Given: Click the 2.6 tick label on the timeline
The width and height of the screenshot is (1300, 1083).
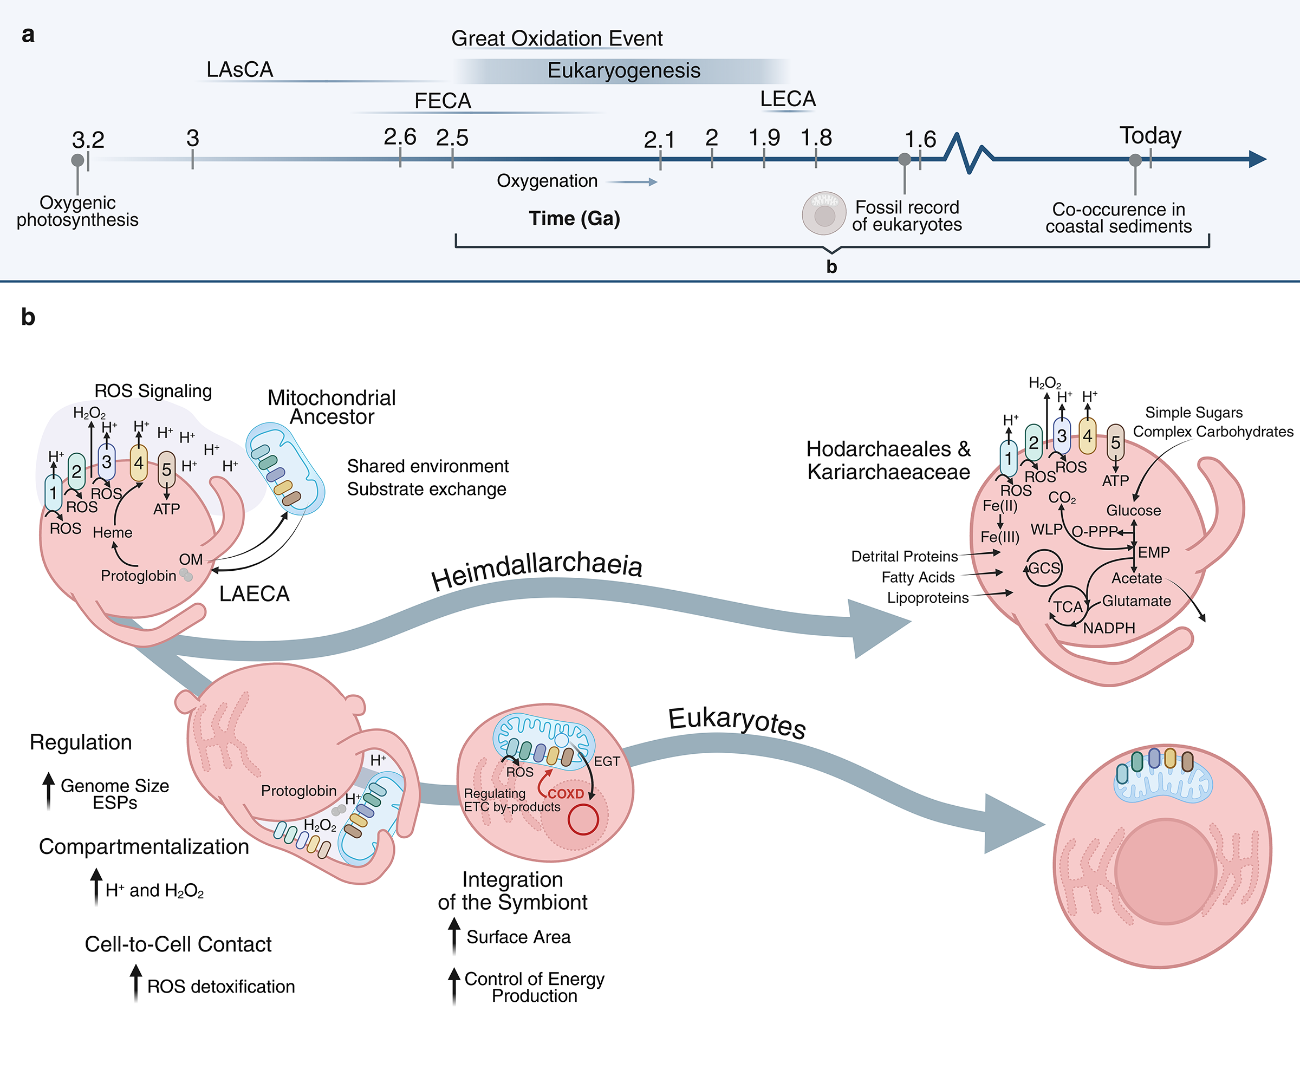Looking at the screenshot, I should click(400, 137).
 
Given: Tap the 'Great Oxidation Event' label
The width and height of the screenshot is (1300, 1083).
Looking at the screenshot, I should click(556, 38).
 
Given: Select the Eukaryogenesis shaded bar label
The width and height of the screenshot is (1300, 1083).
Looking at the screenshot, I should click(623, 70).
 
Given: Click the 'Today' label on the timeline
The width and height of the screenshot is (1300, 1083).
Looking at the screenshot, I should click(1150, 135).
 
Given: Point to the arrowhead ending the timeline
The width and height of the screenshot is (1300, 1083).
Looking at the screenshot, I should click(1258, 159).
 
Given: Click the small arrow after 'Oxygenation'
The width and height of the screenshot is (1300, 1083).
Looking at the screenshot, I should click(632, 182).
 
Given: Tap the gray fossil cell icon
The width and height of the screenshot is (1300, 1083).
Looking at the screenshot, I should click(823, 213).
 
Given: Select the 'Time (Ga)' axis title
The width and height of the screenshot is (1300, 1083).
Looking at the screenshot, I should click(574, 218).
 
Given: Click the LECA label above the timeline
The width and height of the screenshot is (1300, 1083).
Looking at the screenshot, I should click(788, 99).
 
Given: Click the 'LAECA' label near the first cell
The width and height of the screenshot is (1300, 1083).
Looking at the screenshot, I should click(254, 594).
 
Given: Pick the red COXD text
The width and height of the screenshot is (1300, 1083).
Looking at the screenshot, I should click(565, 793).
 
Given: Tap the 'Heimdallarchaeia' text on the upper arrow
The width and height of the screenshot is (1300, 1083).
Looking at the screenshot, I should click(537, 569).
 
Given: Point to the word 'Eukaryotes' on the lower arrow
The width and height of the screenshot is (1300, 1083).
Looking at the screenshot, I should click(737, 722).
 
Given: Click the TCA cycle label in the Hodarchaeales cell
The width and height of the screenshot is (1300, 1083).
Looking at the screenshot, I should click(1068, 606).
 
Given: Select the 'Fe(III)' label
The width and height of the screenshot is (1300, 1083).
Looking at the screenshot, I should click(1000, 537).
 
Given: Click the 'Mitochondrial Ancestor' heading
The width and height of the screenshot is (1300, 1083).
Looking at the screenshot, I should click(332, 407).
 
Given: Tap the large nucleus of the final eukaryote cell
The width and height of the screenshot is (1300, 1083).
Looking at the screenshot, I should click(1165, 871).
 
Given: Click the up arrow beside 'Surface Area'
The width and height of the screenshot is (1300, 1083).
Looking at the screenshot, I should click(454, 936).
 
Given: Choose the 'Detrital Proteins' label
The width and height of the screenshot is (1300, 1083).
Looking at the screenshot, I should click(904, 556).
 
